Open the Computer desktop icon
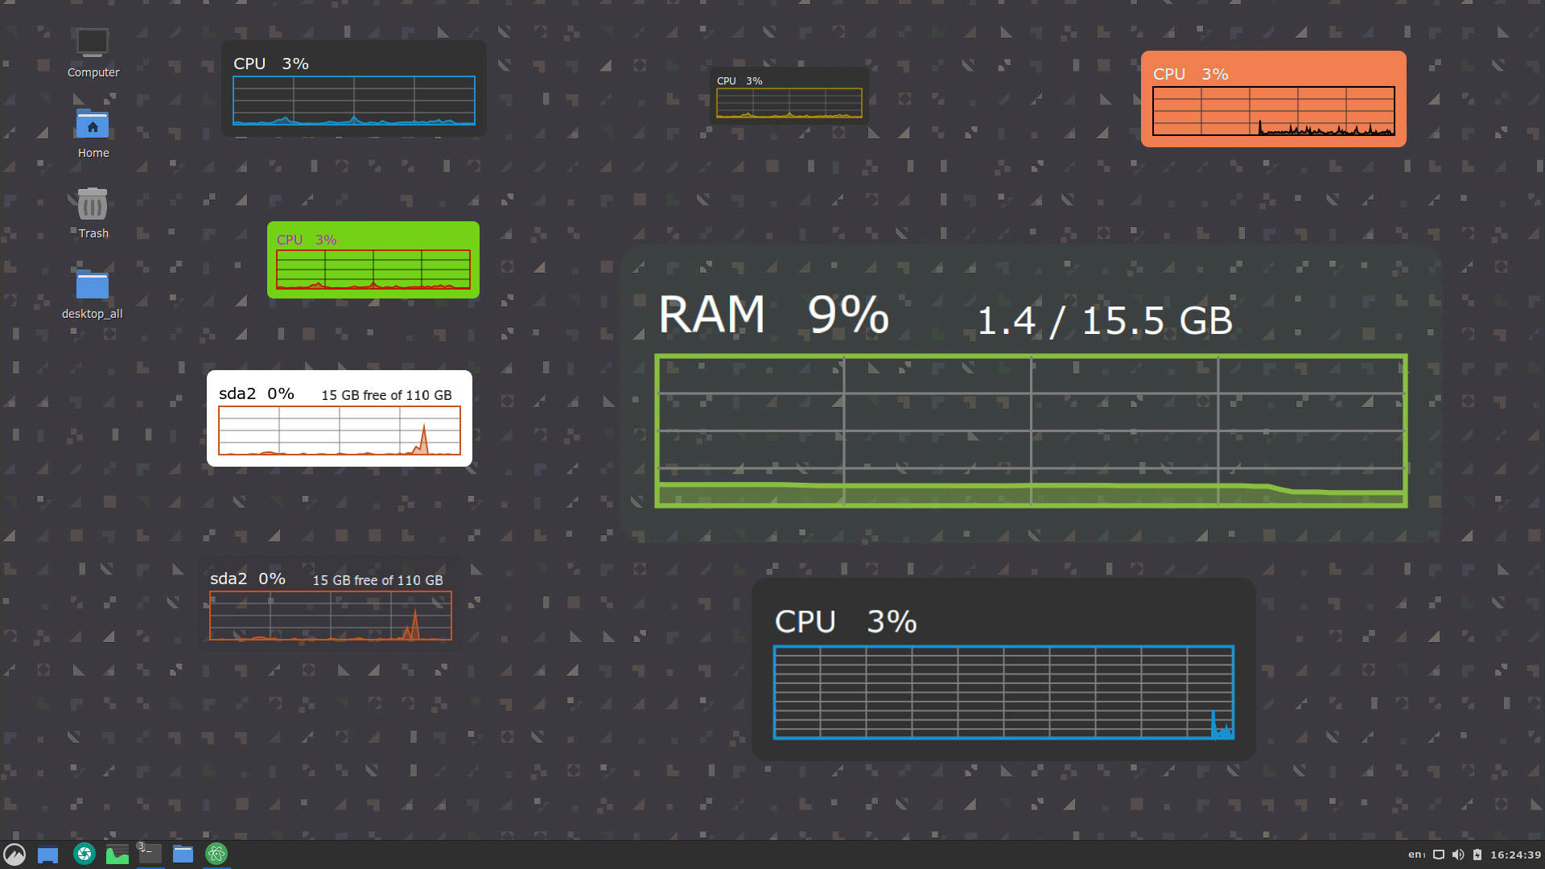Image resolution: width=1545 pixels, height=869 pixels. coord(93,43)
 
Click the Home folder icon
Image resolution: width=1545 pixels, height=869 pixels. coord(93,124)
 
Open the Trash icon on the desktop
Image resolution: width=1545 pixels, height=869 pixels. coord(93,204)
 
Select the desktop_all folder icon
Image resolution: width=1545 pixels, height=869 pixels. coord(93,285)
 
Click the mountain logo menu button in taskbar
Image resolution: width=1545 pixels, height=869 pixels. coord(14,854)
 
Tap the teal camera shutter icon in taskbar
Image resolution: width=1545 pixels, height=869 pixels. coord(84,854)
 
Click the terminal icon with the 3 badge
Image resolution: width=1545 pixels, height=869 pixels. coord(149,854)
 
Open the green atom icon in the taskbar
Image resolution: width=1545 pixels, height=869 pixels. coord(216,854)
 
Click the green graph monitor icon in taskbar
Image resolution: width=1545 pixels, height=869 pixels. coord(117,855)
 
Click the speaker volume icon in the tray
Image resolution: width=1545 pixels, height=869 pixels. coord(1458,855)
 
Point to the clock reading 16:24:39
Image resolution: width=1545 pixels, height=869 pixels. coord(1515,855)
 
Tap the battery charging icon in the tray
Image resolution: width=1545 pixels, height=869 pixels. coord(1477,855)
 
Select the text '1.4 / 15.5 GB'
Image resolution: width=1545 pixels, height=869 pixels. coord(1105,321)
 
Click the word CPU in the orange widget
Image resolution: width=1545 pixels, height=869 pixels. coord(1169,74)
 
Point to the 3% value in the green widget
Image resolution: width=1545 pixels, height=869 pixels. coord(326,240)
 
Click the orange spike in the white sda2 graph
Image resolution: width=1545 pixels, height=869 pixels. coord(423,438)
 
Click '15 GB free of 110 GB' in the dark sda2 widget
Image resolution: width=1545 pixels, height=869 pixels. coord(377,580)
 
